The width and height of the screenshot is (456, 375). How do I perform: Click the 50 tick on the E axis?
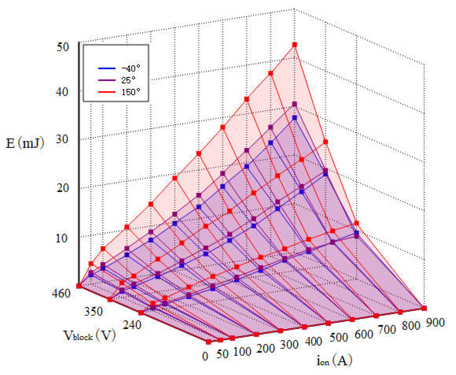click(62, 47)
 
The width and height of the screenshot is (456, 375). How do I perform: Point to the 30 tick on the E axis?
click(62, 139)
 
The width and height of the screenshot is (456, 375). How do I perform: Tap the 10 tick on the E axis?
click(62, 238)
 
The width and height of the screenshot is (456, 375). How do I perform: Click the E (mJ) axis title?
click(25, 143)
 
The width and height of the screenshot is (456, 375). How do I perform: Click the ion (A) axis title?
click(334, 360)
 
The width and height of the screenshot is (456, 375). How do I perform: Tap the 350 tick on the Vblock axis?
click(93, 311)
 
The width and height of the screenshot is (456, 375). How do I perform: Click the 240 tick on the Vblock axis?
click(132, 325)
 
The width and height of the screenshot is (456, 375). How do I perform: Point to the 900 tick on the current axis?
click(435, 323)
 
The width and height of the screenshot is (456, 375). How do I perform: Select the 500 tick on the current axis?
click(339, 337)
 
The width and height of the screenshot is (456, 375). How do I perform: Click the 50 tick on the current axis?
click(222, 354)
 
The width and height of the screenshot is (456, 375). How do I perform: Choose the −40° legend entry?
click(130, 68)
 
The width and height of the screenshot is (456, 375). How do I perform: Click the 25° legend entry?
click(128, 80)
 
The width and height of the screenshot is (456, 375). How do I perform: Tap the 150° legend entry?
click(130, 92)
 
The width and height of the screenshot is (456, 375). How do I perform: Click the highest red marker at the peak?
click(295, 45)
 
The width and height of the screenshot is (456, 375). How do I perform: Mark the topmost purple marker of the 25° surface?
click(295, 104)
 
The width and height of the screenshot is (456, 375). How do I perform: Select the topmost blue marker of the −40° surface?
click(295, 118)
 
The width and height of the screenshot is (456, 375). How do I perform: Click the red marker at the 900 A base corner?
click(424, 308)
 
